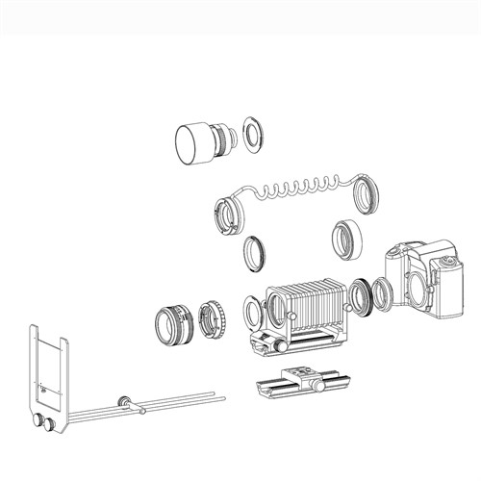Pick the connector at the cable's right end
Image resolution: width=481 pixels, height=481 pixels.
(367, 198)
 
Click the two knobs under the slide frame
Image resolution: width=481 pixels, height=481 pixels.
(44, 423)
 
